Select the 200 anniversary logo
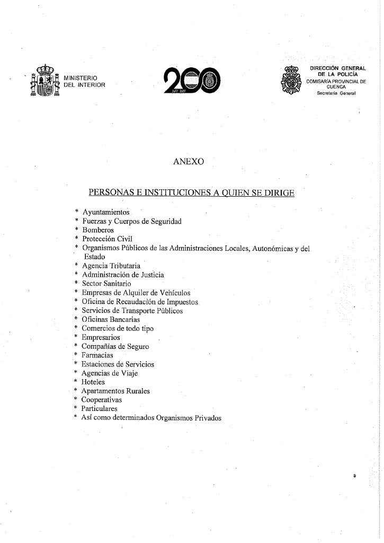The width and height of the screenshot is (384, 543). (192, 82)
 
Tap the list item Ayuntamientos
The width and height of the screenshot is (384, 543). (106, 212)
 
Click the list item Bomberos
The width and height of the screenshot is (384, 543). (98, 230)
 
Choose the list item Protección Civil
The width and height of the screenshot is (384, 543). (107, 239)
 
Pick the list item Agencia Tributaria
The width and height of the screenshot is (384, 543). (111, 266)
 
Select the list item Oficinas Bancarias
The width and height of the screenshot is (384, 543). (111, 319)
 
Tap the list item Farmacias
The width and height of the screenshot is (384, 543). (97, 355)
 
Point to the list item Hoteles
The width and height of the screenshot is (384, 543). (93, 382)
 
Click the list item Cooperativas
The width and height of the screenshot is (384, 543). (102, 400)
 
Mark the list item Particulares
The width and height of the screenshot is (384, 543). (100, 409)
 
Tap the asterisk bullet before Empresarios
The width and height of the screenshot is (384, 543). (77, 337)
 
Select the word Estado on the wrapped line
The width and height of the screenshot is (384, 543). (95, 257)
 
